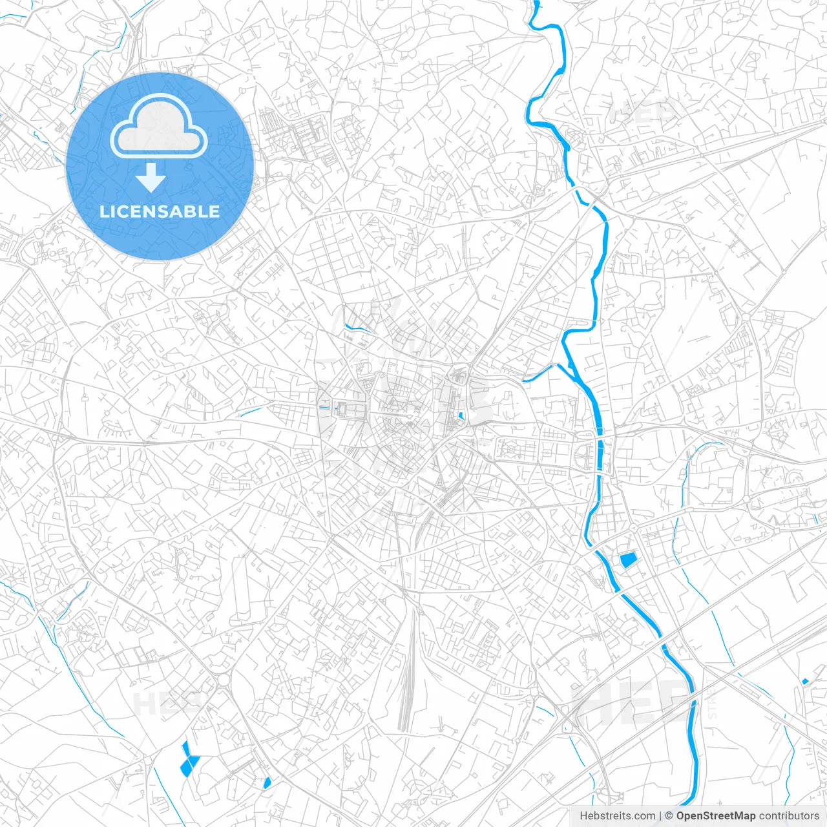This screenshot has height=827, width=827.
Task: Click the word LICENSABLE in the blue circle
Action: [x=160, y=212]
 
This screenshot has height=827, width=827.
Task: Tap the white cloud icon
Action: [x=159, y=126]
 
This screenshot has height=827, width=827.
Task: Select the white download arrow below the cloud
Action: [x=151, y=178]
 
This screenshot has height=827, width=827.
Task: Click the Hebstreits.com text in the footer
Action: [x=617, y=816]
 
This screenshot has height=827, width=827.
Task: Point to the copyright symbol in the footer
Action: [x=669, y=816]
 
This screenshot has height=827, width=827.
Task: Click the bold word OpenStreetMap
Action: [x=716, y=816]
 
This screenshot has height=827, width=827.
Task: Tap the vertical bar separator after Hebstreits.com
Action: [x=660, y=816]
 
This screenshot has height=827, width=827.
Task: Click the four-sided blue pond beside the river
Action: [x=627, y=560]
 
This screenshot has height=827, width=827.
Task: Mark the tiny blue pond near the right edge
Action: [x=805, y=681]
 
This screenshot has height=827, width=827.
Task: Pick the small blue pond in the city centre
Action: [x=461, y=417]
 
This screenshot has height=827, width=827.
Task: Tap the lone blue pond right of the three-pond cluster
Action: [x=267, y=782]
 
